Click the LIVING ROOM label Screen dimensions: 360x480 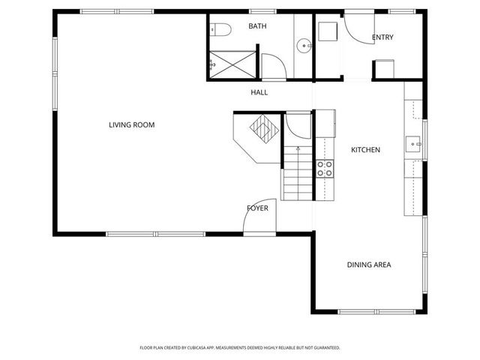pos(131,124)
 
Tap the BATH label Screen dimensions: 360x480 pos(257,26)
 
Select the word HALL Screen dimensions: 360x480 pos(259,92)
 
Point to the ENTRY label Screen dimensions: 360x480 pos(382,37)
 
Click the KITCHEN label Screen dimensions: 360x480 pos(366,150)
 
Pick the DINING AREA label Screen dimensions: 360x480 pos(368,264)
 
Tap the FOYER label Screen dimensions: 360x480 pos(257,208)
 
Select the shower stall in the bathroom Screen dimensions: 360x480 pos(232,61)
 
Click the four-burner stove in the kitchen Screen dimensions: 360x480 pos(325,169)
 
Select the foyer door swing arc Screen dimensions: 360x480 pos(259,220)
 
